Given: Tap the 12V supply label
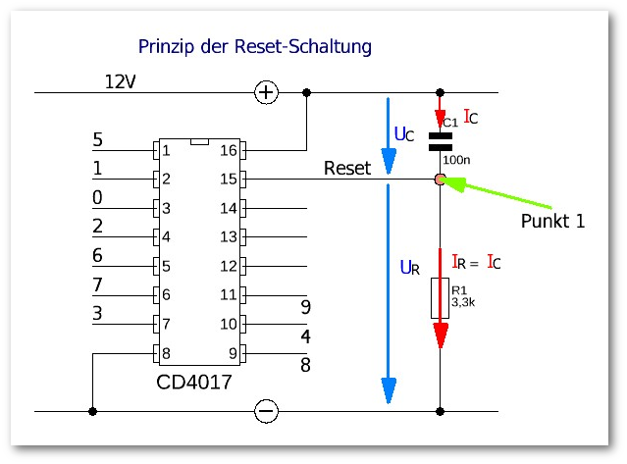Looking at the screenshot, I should tap(120, 81).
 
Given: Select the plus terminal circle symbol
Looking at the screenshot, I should tap(266, 92).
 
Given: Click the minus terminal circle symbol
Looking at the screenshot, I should tap(266, 411).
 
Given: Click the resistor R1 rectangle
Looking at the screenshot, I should tap(440, 297).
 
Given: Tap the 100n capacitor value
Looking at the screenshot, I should tap(456, 159).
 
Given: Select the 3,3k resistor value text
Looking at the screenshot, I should tap(462, 303).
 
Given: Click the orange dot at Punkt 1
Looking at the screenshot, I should tap(440, 180).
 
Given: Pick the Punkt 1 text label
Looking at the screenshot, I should tap(552, 222).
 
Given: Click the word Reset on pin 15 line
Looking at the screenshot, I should tap(347, 169).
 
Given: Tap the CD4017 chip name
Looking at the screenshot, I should tap(194, 383).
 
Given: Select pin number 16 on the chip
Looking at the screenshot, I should tap(228, 151).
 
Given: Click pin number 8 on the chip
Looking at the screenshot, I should tap(166, 353).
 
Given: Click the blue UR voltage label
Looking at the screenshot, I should tap(408, 267).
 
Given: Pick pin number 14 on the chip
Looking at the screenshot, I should tap(228, 209).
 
